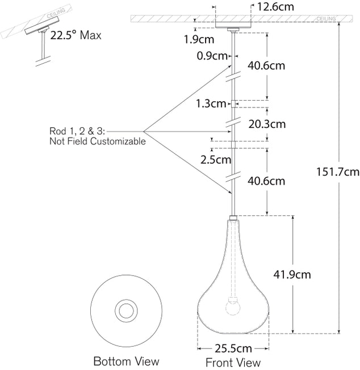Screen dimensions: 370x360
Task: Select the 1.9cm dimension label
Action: coord(198,40)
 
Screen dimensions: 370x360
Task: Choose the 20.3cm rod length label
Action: coord(266,124)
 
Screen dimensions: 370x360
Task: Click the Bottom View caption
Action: coord(126,361)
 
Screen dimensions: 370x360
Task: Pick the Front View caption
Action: coord(233,362)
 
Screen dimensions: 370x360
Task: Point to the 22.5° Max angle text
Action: coord(76,36)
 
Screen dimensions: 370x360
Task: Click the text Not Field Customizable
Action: coord(97,142)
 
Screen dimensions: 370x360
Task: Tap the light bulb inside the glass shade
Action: coord(233,307)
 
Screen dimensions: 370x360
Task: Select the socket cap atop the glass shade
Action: coord(233,218)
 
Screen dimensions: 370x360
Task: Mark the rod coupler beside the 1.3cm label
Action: coord(233,103)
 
